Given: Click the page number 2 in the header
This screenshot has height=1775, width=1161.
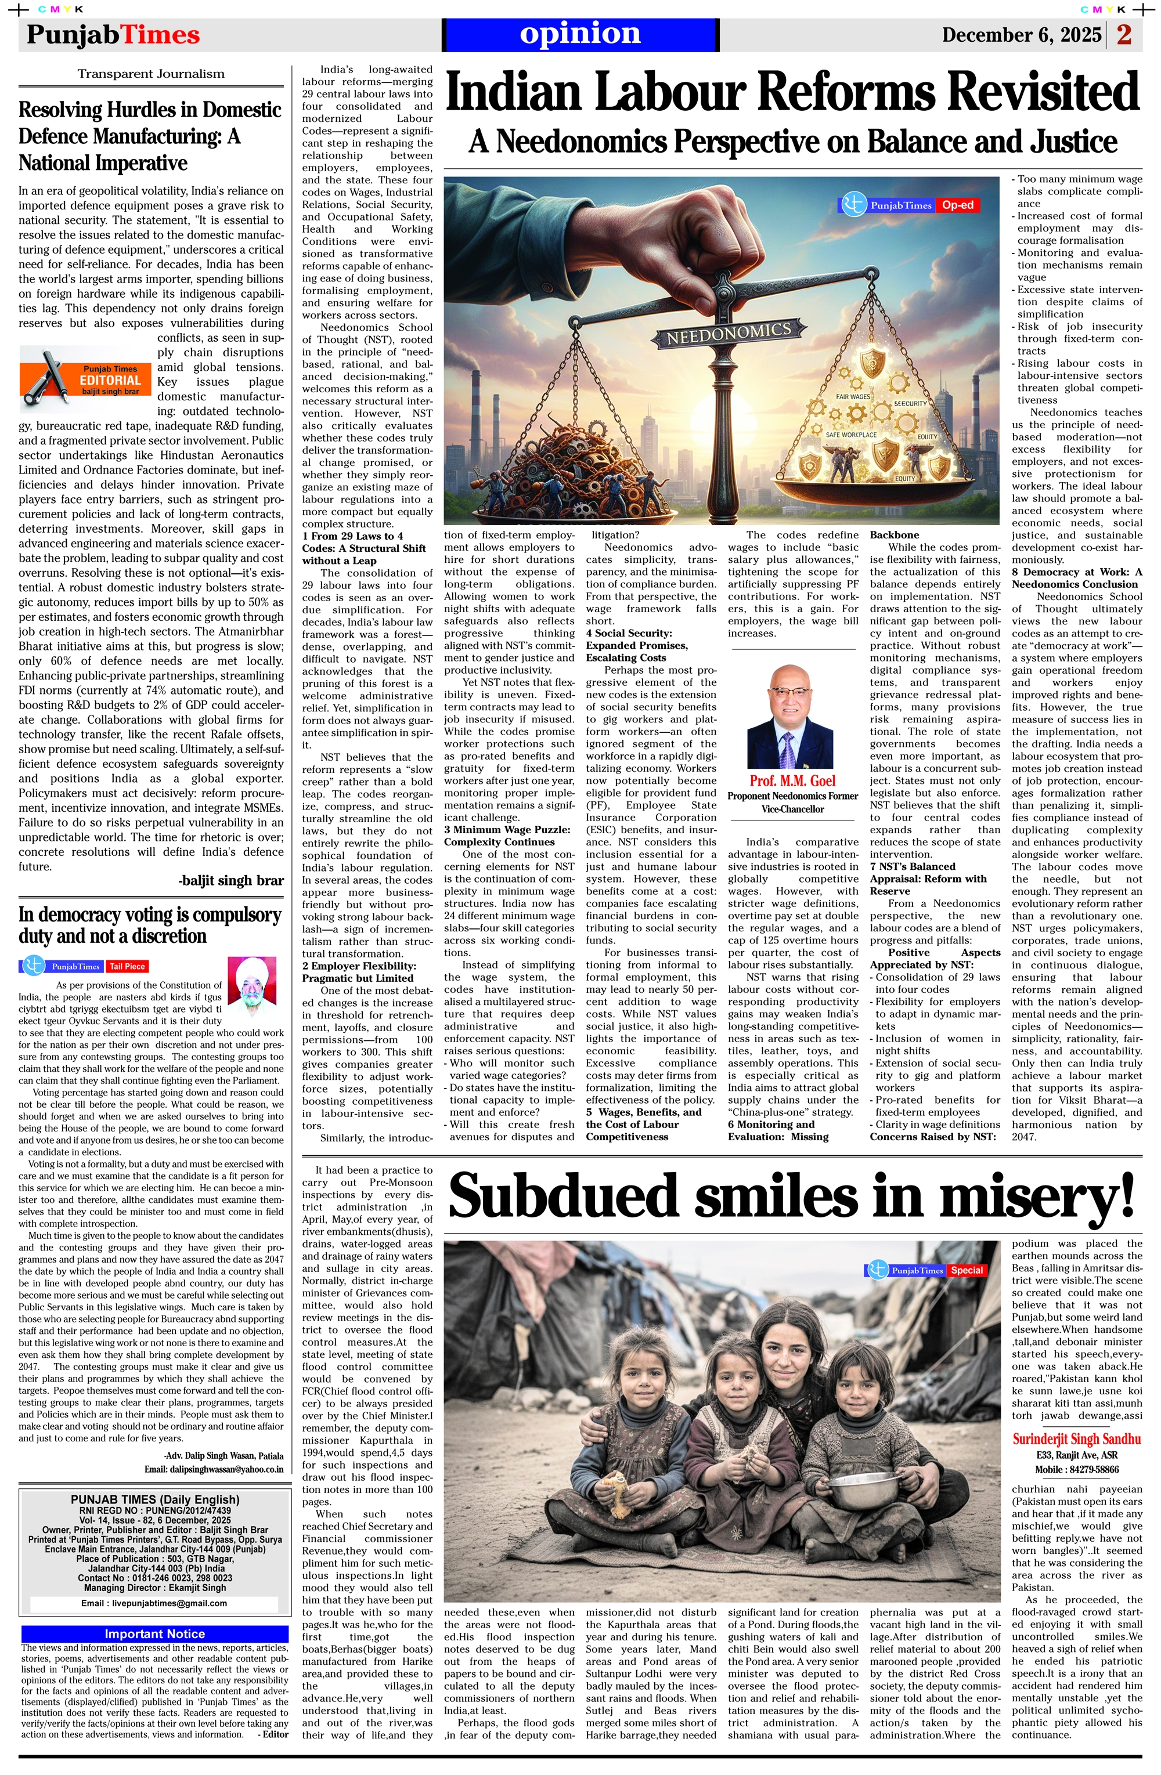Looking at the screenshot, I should click(x=1124, y=34).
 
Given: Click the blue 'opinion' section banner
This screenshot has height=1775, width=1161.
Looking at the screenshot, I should click(x=580, y=34).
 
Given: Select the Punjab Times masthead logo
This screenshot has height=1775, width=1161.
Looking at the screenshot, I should click(x=113, y=35).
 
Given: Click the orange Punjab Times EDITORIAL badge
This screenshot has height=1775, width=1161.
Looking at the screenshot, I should click(x=86, y=379).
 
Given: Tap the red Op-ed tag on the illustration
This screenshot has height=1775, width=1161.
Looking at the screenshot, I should click(x=957, y=205).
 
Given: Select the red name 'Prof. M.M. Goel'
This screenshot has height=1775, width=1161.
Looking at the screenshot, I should click(x=792, y=780).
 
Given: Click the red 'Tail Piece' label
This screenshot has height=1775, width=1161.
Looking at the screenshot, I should click(x=127, y=966).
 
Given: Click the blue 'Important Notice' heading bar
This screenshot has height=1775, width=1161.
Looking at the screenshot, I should click(x=154, y=1633).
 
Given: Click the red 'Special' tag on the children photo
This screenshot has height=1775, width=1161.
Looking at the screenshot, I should click(x=967, y=1270).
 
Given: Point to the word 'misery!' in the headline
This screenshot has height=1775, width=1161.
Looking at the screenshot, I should click(x=1037, y=1195).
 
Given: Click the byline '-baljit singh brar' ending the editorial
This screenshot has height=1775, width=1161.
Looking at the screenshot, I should click(x=231, y=880).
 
